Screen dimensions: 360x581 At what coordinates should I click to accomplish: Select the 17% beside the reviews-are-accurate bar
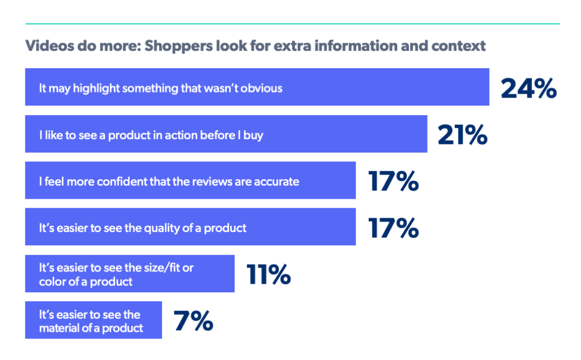(393, 181)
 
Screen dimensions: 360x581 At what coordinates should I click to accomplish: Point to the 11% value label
(269, 274)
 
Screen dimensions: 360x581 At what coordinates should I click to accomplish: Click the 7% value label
(193, 321)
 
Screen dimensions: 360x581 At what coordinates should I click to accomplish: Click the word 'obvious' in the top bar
(262, 88)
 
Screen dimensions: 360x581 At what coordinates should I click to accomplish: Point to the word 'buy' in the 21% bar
(253, 135)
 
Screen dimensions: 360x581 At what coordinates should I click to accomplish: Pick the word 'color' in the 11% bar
(53, 281)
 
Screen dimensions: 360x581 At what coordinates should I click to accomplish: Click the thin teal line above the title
(292, 24)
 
